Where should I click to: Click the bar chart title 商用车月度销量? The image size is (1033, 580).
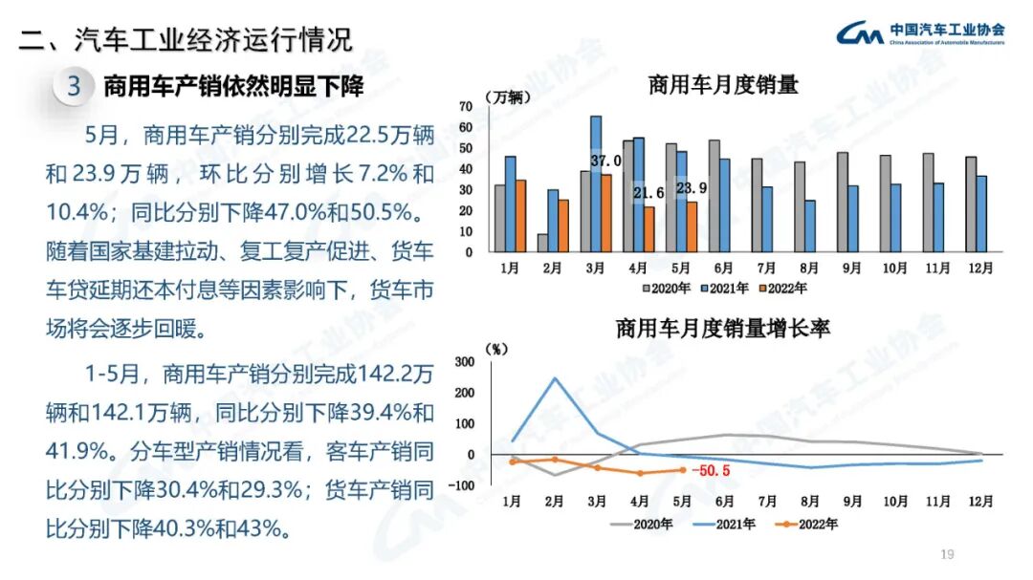click(723, 85)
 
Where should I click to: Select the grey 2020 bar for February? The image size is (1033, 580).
click(542, 243)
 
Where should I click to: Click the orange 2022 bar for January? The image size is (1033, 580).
click(520, 215)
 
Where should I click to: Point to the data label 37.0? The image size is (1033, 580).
click(605, 161)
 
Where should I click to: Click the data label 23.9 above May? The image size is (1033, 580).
click(692, 188)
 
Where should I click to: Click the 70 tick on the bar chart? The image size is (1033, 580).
click(467, 105)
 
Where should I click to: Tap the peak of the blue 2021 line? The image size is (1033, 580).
click(555, 377)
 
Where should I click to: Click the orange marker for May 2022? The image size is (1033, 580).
click(682, 469)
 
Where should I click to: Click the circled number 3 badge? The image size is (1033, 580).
click(74, 87)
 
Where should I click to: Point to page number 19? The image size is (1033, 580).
click(948, 554)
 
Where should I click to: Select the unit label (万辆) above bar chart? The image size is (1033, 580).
click(506, 97)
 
